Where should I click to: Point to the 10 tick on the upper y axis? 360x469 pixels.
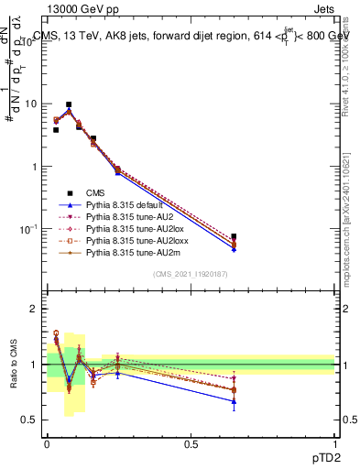[x=32, y=104]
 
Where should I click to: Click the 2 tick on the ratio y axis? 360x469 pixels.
[x=36, y=309]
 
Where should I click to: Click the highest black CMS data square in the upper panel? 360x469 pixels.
[x=69, y=104]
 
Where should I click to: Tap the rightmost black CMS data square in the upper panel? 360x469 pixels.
[x=234, y=236]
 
